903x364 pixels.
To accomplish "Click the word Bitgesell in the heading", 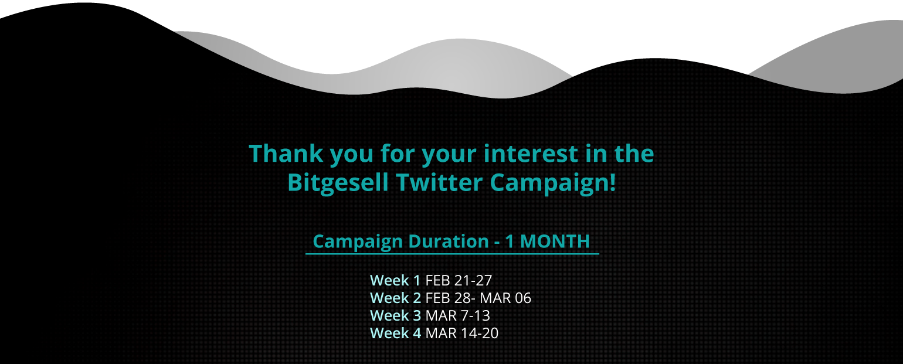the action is (x=338, y=183).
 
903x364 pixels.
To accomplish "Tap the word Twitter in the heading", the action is (x=439, y=182).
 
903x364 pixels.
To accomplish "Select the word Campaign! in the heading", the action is (x=553, y=183).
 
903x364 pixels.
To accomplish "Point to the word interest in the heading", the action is (x=531, y=154).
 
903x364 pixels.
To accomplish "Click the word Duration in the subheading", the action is (x=448, y=241).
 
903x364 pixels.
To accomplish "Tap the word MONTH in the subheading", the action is (x=555, y=241).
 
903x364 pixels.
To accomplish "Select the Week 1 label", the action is (x=395, y=280).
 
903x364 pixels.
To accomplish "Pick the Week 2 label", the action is (x=395, y=298).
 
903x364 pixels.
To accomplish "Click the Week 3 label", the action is (x=395, y=315).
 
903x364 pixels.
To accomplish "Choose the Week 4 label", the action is (x=395, y=333).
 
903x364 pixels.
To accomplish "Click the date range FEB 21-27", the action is (x=459, y=280).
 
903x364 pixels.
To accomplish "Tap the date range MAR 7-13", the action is (x=458, y=315).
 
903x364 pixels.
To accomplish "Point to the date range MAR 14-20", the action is (x=462, y=333).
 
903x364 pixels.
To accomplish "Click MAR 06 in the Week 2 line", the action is (x=505, y=298).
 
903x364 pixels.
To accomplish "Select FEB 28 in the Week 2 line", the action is (x=448, y=298).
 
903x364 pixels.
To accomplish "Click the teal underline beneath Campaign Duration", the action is (x=452, y=254).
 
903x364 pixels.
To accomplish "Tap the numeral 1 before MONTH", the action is (x=509, y=241).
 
